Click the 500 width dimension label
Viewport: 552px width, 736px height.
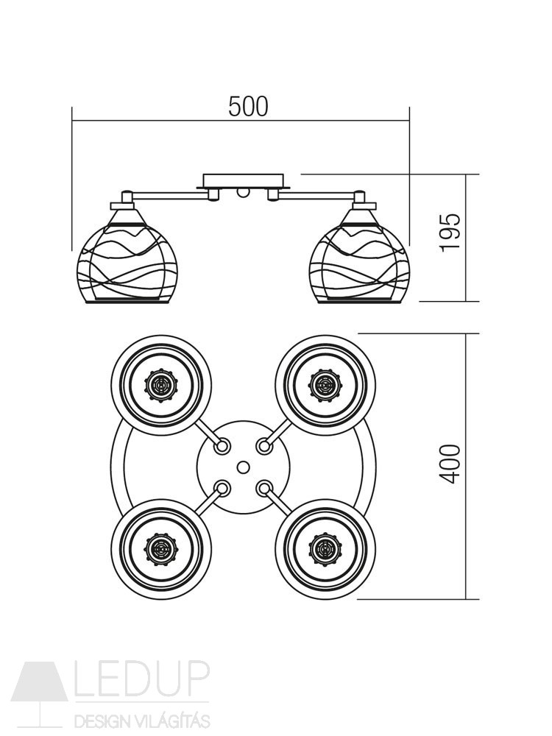click(248, 106)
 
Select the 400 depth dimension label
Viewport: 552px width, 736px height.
click(450, 464)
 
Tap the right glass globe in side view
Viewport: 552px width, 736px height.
click(361, 257)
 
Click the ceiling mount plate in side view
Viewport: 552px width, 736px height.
click(243, 181)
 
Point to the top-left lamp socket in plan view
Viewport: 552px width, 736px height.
click(161, 386)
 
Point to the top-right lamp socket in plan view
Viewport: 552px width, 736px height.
click(325, 386)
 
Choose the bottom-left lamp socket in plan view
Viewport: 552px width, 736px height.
click(161, 548)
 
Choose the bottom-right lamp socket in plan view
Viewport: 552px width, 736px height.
click(325, 548)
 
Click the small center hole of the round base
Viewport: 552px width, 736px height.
click(243, 467)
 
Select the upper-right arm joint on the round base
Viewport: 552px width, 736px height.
click(265, 446)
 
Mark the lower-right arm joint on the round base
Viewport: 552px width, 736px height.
click(265, 488)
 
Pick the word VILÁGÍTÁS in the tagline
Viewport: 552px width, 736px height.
click(172, 720)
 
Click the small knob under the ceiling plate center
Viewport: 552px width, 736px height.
click(243, 191)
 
